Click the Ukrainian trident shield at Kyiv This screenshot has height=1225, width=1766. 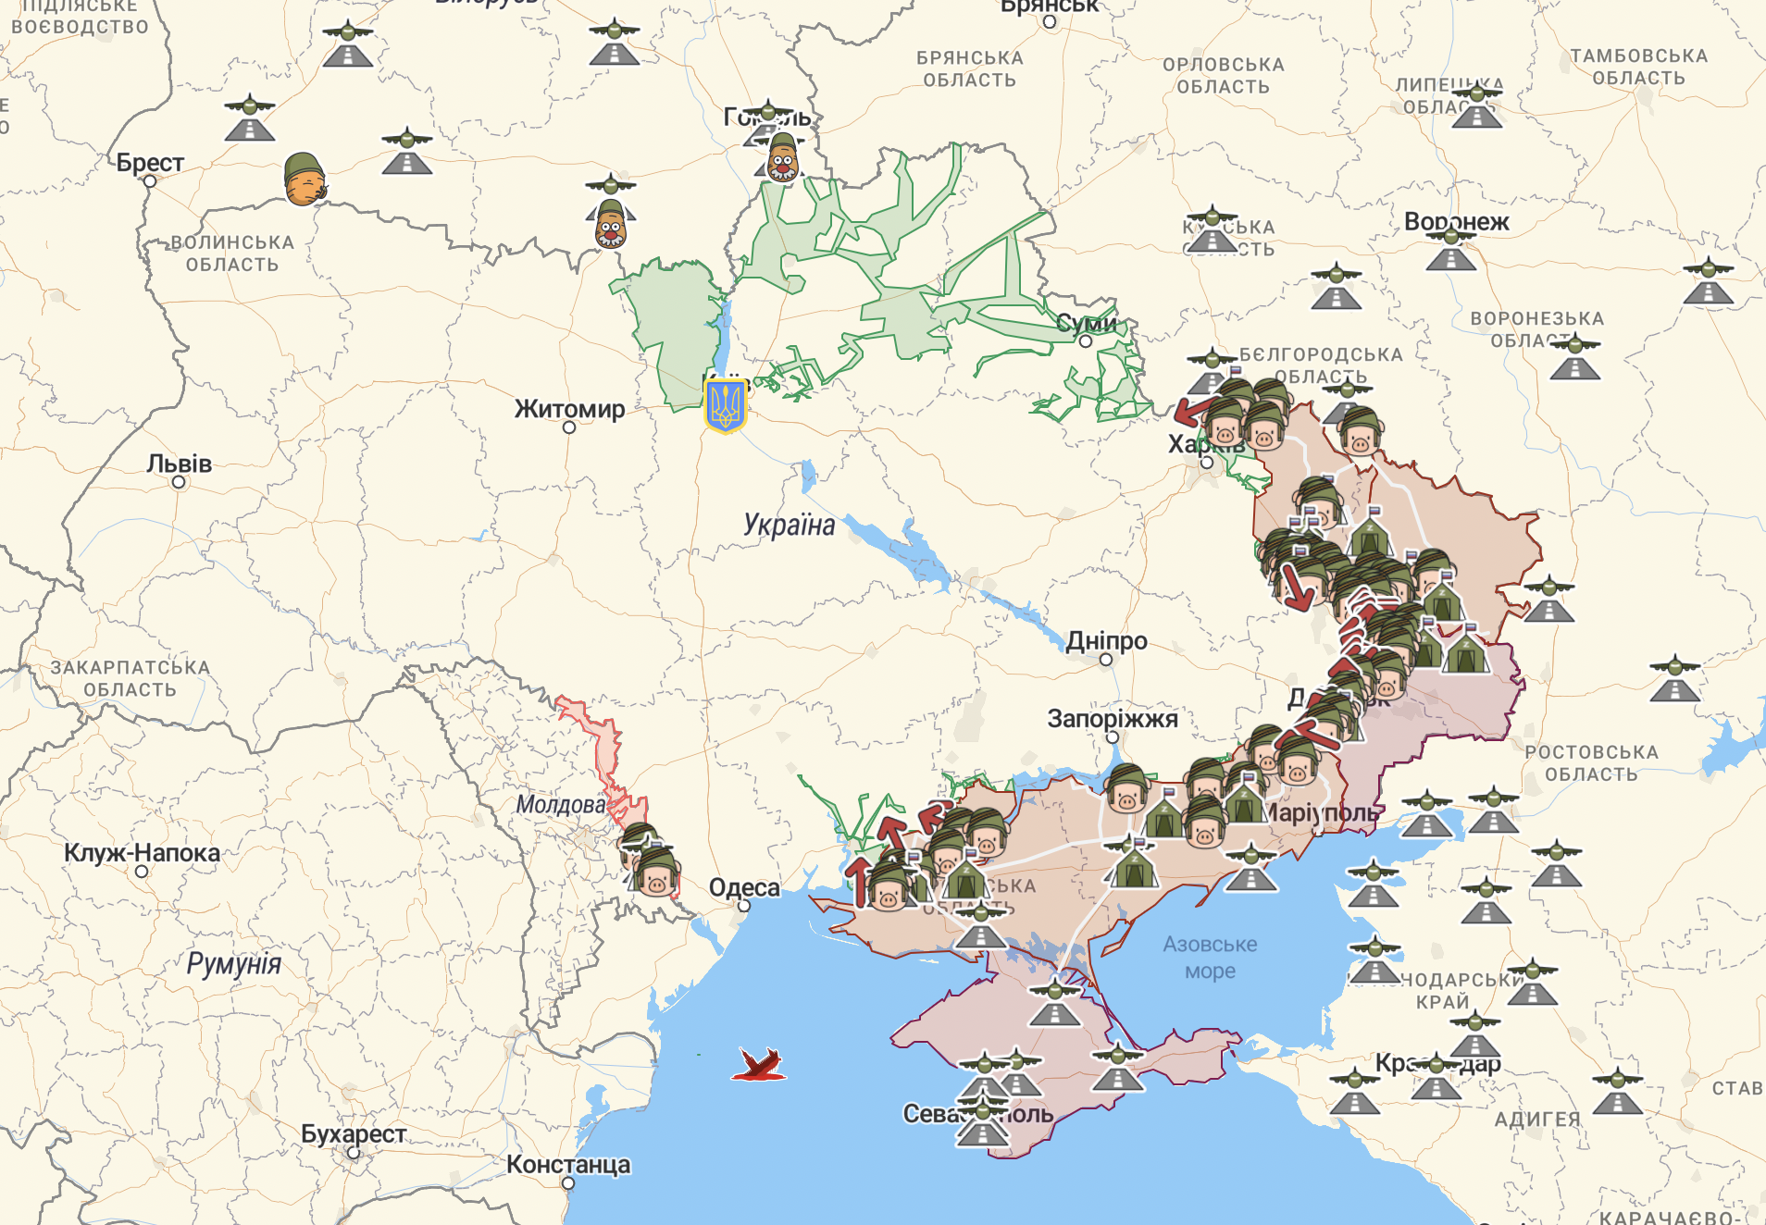tap(725, 405)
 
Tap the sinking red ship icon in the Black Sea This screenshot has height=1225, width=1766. tap(760, 1065)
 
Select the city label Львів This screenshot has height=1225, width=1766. tap(179, 464)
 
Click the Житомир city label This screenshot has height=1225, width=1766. tap(569, 409)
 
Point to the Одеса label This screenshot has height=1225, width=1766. tap(744, 887)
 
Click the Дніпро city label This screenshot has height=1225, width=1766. tap(1106, 641)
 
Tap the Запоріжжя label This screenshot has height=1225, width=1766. tap(1113, 719)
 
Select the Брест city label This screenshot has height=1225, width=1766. tap(150, 163)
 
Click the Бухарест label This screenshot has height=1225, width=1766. tap(354, 1133)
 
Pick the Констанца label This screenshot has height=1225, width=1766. tap(568, 1165)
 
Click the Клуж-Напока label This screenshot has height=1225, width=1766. tap(142, 853)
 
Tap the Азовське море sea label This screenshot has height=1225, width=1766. tap(1210, 958)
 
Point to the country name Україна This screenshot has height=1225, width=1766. tap(789, 526)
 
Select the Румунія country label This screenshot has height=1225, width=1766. tap(233, 964)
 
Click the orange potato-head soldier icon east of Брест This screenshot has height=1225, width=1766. tap(305, 179)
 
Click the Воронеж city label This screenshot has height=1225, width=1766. tap(1456, 222)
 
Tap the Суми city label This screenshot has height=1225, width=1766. tap(1086, 324)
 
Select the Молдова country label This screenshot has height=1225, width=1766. tap(561, 805)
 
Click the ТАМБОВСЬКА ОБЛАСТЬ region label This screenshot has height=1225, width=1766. tap(1638, 67)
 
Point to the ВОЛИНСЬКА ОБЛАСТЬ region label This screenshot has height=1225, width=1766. tap(232, 254)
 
